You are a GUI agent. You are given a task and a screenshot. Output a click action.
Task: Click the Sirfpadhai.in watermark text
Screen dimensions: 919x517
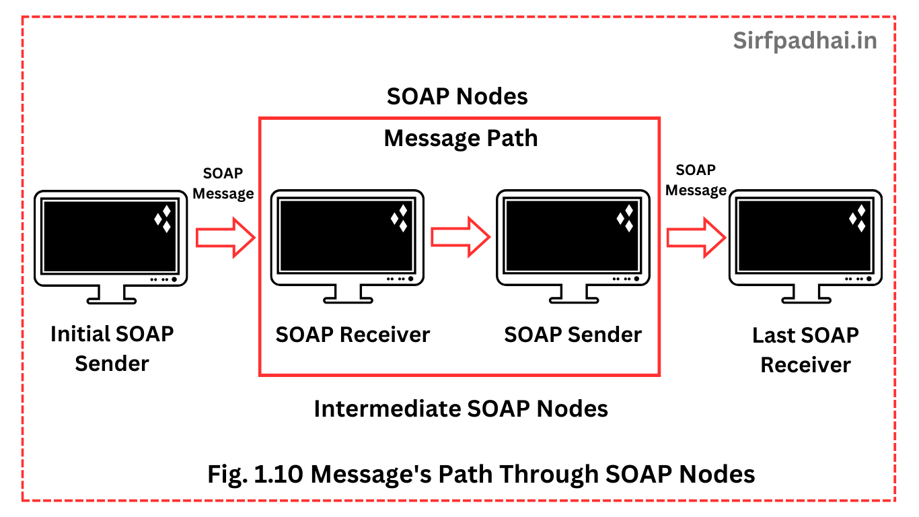point(805,40)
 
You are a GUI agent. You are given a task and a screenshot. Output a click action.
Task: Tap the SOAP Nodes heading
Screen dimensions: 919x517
point(457,96)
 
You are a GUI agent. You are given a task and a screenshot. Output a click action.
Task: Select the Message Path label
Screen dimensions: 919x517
point(461,138)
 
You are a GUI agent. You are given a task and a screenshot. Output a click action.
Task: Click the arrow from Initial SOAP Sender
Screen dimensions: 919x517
point(225,238)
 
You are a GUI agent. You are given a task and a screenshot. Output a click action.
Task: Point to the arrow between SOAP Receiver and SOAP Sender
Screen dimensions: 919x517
point(460,237)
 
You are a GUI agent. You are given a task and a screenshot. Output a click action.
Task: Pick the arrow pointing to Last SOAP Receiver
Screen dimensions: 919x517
point(696,238)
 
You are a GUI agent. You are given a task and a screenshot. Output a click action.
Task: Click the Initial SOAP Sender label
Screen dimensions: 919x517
point(112,349)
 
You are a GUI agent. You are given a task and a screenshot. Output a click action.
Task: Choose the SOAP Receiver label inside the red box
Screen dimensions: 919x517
point(353,335)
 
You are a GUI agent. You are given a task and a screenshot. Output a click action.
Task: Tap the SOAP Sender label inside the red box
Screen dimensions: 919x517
point(573,335)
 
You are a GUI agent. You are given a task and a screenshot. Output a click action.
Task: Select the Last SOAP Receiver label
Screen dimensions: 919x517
point(806,350)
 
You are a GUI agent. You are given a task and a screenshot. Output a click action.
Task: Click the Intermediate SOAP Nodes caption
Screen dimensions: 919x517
point(461,409)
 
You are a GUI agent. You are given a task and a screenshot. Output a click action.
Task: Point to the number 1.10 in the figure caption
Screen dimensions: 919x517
point(278,474)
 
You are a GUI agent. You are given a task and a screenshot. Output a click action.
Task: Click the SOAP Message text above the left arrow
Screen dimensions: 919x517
point(223,183)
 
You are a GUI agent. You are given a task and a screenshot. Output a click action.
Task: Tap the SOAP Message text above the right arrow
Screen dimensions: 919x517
point(696,180)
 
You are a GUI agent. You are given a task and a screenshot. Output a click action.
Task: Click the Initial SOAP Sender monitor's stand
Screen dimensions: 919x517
point(111,295)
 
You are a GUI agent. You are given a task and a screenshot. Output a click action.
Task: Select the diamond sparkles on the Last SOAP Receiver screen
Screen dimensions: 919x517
point(858,219)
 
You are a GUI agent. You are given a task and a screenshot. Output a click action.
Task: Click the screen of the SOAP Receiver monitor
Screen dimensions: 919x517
point(346,236)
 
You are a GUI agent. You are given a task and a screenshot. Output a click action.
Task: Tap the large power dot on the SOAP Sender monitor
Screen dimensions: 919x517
point(636,279)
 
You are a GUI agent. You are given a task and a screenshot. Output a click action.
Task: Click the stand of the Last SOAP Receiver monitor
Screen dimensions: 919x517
point(806,294)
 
